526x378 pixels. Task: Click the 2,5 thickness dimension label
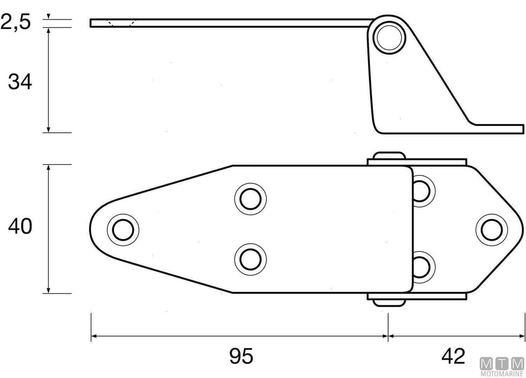pyautogui.click(x=16, y=22)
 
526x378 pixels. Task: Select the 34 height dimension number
pyautogui.click(x=20, y=82)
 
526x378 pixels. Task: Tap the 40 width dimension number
pyautogui.click(x=20, y=226)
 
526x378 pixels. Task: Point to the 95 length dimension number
pyautogui.click(x=241, y=356)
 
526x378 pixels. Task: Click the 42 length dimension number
pyautogui.click(x=453, y=356)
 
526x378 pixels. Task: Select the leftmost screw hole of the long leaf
pyautogui.click(x=123, y=230)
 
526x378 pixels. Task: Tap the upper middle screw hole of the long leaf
pyautogui.click(x=250, y=198)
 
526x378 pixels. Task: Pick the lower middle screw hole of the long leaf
pyautogui.click(x=250, y=259)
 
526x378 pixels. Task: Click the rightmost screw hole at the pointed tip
pyautogui.click(x=492, y=230)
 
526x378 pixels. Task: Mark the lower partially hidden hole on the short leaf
pyautogui.click(x=423, y=267)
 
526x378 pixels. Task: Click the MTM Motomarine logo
pyautogui.click(x=502, y=367)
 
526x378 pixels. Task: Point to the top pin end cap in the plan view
pyautogui.click(x=389, y=156)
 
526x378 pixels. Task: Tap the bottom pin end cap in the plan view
pyautogui.click(x=389, y=302)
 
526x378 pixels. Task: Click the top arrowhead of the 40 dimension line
pyautogui.click(x=48, y=167)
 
